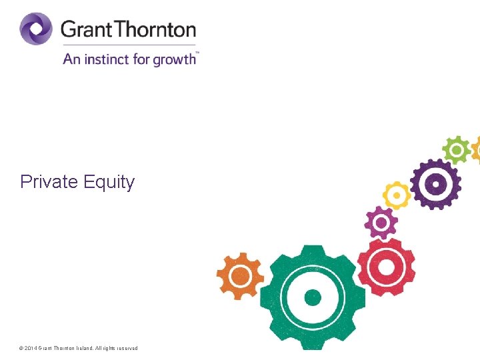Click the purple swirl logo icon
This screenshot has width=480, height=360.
coord(36,29)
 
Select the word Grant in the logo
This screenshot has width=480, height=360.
coord(85,30)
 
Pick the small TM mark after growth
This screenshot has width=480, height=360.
coord(197,52)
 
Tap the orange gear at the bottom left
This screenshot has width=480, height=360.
coord(241,275)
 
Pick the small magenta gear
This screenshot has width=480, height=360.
coord(381,222)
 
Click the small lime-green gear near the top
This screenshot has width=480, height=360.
coord(457,150)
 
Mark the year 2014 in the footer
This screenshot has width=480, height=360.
coord(31,349)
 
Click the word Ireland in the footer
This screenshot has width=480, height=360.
coord(83,349)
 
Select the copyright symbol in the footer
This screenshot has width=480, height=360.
coord(21,349)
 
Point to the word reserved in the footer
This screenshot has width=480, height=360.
coord(127,349)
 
